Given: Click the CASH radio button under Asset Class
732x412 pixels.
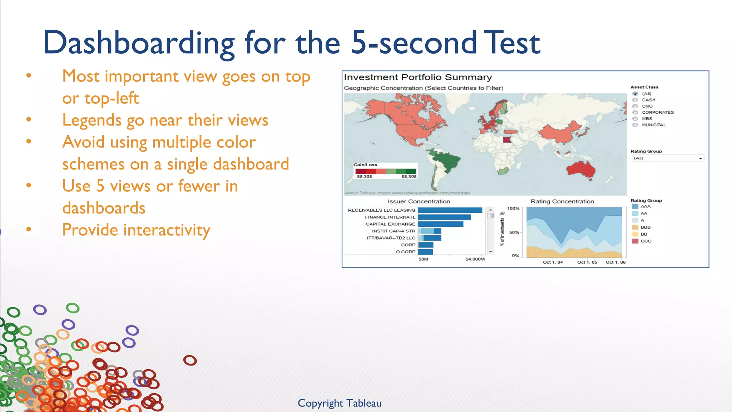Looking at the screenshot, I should (x=635, y=100).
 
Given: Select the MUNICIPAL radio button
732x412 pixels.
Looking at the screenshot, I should (x=635, y=125).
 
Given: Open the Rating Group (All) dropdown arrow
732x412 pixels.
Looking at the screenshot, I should (x=700, y=158).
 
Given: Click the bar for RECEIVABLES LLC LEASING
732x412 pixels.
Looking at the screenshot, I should (x=450, y=210).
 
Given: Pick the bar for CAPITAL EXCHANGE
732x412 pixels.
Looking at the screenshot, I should (x=440, y=224).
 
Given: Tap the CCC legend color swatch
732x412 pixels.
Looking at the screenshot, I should (x=635, y=241).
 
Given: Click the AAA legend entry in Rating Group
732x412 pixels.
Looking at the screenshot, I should (x=645, y=206).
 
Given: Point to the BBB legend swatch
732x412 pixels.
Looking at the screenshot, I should (x=635, y=227).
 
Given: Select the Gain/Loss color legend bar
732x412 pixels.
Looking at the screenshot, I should (x=385, y=171).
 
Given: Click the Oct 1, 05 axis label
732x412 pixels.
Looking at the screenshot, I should (x=587, y=262).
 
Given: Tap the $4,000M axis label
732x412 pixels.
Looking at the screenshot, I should (x=475, y=259).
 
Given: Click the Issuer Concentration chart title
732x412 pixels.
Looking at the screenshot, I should (x=419, y=201).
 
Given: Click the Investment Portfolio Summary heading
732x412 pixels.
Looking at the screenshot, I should (x=417, y=77).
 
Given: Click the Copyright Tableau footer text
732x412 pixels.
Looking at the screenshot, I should (x=339, y=403).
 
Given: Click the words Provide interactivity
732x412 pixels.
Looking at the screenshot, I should (x=136, y=230).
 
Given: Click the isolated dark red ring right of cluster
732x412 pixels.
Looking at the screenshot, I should (x=190, y=360).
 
